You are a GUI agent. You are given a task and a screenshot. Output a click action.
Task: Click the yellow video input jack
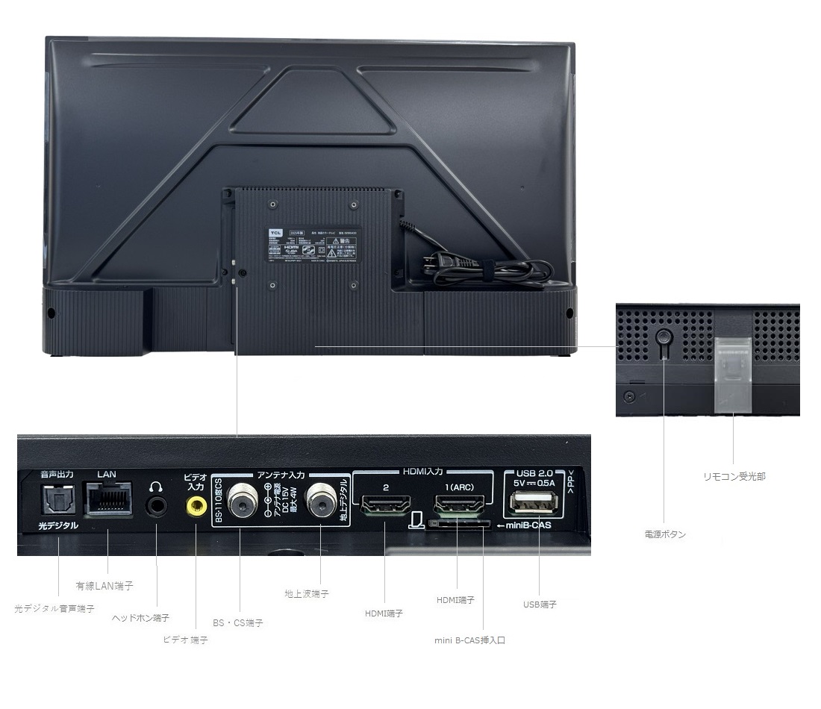[196, 507]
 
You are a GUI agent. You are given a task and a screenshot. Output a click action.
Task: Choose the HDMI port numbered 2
[384, 505]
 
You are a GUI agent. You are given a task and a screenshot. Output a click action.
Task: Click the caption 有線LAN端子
[104, 586]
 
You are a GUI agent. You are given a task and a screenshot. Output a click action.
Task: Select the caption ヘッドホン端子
[140, 618]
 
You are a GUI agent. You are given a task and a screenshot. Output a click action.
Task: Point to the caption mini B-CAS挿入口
[470, 640]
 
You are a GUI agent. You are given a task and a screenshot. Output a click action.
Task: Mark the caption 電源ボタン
[665, 534]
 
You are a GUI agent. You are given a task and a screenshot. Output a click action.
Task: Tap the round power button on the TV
[663, 337]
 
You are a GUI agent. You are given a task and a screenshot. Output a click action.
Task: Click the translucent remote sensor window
[731, 373]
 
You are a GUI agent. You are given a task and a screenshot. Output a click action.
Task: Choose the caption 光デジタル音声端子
[54, 609]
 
